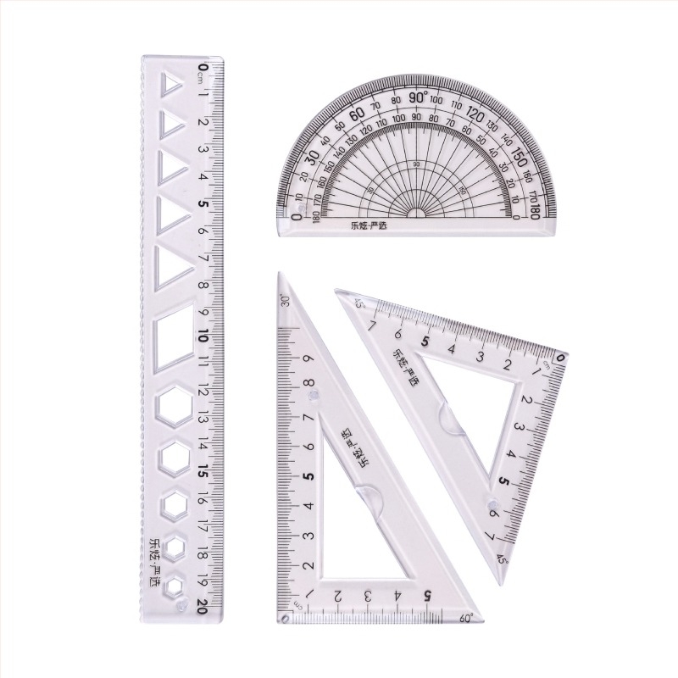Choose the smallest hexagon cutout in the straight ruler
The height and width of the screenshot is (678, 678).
click(x=175, y=586)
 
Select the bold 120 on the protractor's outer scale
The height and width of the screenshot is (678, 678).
click(x=475, y=115)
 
